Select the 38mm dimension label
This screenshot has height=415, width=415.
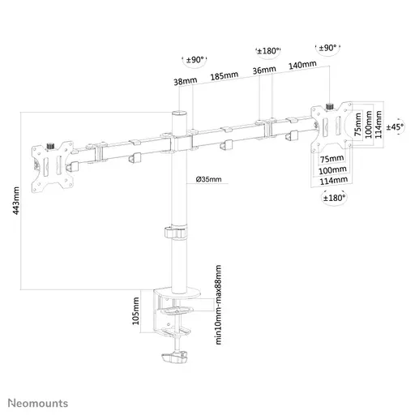pos(184,81)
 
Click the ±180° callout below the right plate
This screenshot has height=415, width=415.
pos(332,197)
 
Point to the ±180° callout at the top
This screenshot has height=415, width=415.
pos(267,51)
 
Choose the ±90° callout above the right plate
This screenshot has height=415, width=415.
pos(328,48)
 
